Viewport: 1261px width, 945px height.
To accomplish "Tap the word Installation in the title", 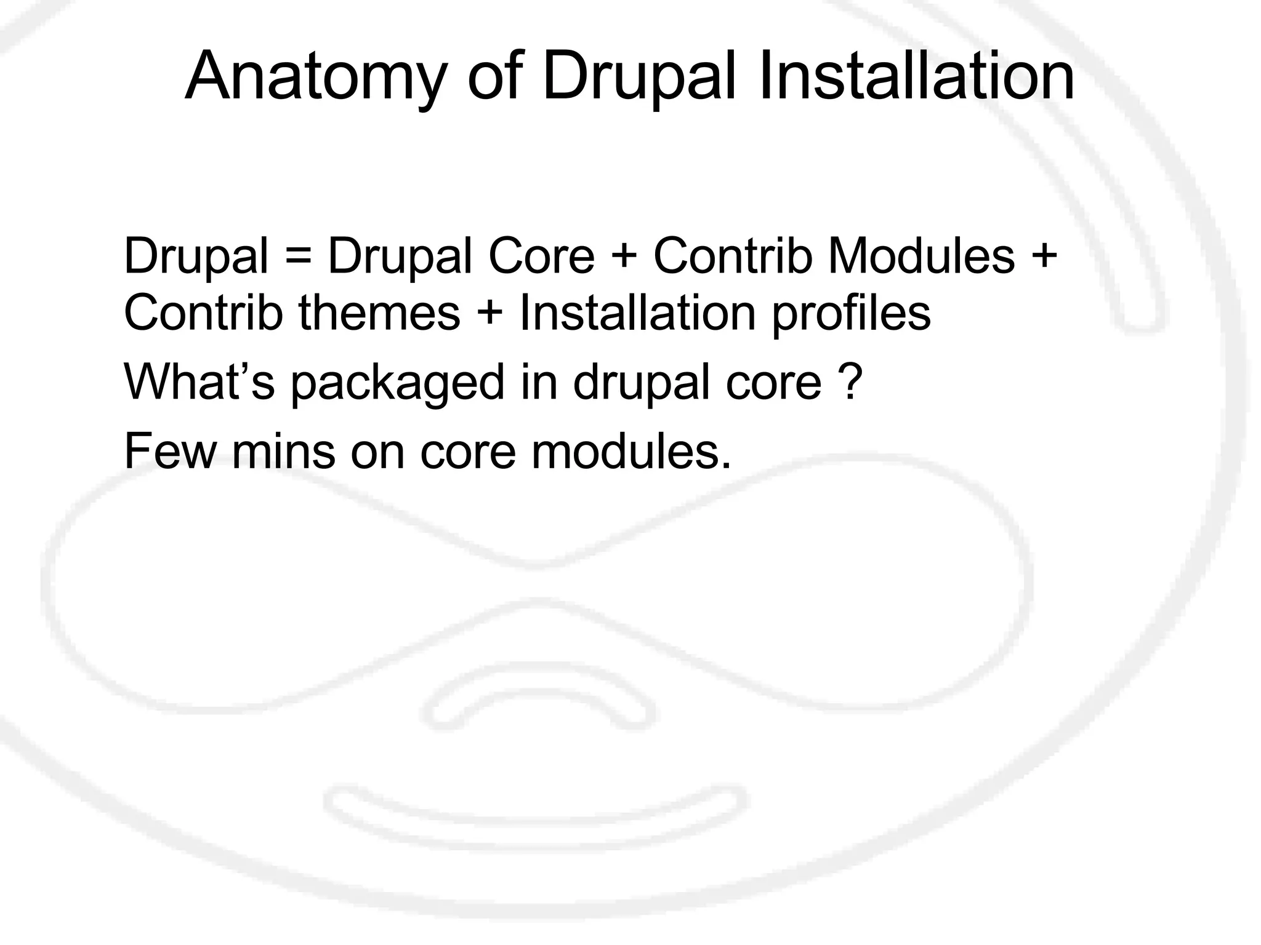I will point(916,77).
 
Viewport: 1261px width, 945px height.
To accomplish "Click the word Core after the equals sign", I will point(541,256).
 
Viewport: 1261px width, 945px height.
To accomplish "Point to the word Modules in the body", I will point(921,256).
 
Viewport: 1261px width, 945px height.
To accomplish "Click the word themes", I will point(379,313).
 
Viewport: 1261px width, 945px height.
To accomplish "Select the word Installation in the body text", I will point(637,313).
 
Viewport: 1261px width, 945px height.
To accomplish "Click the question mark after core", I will point(849,381).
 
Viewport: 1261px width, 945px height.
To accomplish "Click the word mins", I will point(283,451).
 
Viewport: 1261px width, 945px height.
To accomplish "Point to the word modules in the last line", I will point(631,451).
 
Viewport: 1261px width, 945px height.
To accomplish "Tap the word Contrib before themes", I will point(203,313).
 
